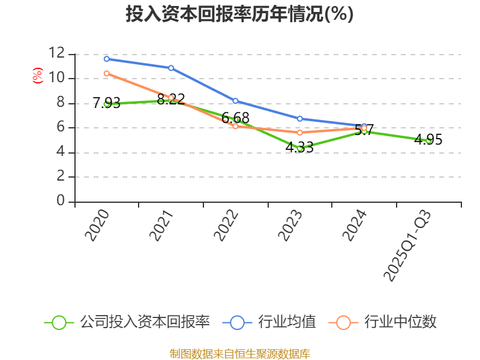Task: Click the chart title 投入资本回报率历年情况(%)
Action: point(239,14)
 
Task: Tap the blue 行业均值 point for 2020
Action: point(106,59)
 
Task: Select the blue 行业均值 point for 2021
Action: point(171,68)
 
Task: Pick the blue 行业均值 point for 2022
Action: point(235,101)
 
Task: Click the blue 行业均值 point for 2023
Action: point(300,118)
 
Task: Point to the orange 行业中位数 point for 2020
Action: point(106,73)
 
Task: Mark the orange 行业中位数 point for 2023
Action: point(300,132)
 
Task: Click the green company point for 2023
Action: point(300,148)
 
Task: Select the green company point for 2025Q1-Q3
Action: point(428,140)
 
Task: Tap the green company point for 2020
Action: point(106,104)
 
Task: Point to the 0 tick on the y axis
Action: point(61,201)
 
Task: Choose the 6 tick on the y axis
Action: point(61,127)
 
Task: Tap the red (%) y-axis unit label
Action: point(37,76)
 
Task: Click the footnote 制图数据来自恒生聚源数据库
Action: point(239,353)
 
